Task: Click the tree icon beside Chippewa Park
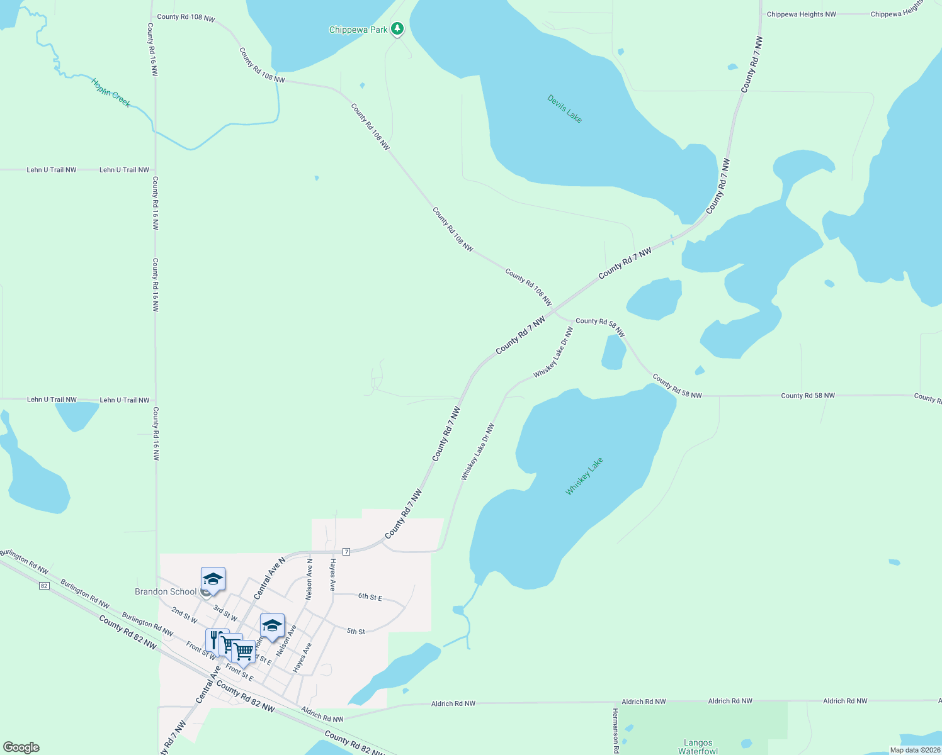397,28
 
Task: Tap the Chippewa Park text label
358,30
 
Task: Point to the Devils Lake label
564,108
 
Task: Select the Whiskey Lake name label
584,476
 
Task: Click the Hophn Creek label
111,92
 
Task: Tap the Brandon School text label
166,591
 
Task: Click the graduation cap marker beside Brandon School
213,579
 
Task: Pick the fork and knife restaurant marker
214,639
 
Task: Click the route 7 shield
346,552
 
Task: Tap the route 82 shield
43,586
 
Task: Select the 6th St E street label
370,596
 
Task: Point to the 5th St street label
356,631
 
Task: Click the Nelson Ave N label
309,579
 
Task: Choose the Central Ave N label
269,578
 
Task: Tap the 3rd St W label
225,613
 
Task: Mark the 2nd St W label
184,615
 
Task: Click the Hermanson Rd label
616,730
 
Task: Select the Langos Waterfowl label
698,747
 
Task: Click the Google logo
21,747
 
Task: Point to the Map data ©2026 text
914,750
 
